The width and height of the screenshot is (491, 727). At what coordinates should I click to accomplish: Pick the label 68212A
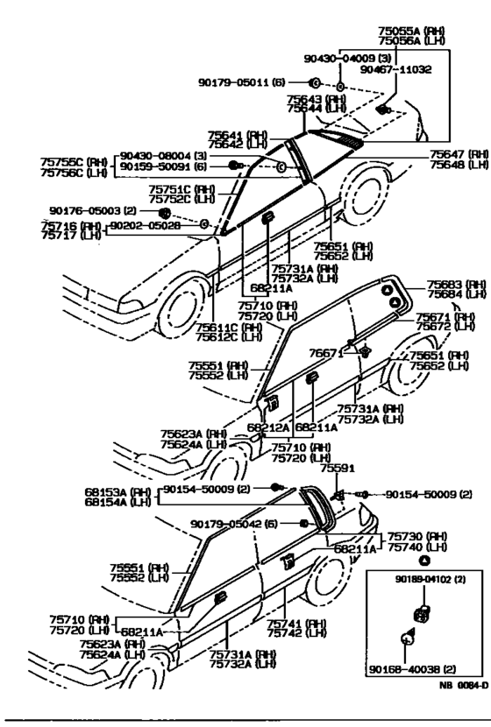tap(268, 427)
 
